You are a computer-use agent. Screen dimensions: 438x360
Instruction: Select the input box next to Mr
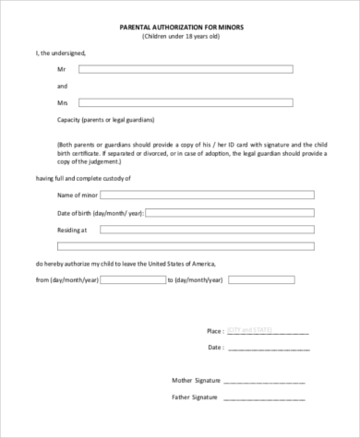point(185,69)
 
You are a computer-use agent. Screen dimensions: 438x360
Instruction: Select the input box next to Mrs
point(185,102)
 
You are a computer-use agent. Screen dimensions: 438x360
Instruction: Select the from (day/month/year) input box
point(131,279)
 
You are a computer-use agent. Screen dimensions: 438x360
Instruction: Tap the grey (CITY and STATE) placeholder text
point(251,329)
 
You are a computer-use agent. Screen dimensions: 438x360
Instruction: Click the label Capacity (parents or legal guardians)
point(105,120)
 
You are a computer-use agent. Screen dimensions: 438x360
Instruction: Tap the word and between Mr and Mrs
point(62,86)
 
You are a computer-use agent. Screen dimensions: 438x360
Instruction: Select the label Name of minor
point(78,195)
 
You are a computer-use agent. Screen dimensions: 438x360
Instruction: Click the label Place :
point(215,330)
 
